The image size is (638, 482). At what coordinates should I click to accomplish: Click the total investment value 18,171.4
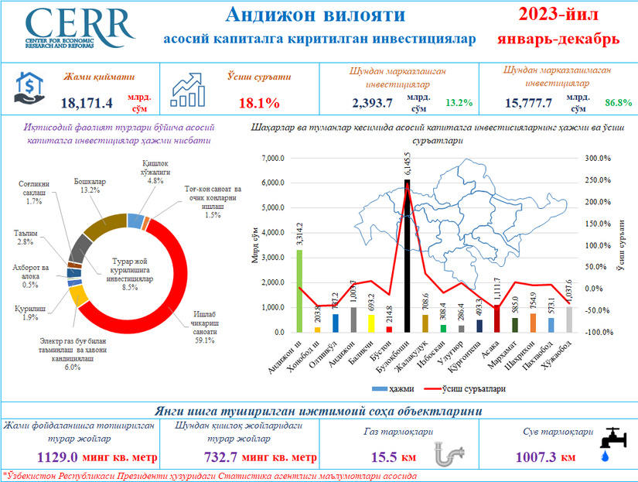[87, 102]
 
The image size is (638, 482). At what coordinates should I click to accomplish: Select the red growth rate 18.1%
[259, 103]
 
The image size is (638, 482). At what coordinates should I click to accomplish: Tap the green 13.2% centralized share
[459, 102]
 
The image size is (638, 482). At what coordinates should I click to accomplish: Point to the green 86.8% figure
[618, 102]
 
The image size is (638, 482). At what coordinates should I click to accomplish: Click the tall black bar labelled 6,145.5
[407, 255]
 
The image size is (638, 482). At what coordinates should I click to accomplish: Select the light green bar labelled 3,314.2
[299, 290]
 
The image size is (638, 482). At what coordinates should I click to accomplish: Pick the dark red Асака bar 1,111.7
[497, 319]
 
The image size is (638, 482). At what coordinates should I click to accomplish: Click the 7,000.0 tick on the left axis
[275, 159]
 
